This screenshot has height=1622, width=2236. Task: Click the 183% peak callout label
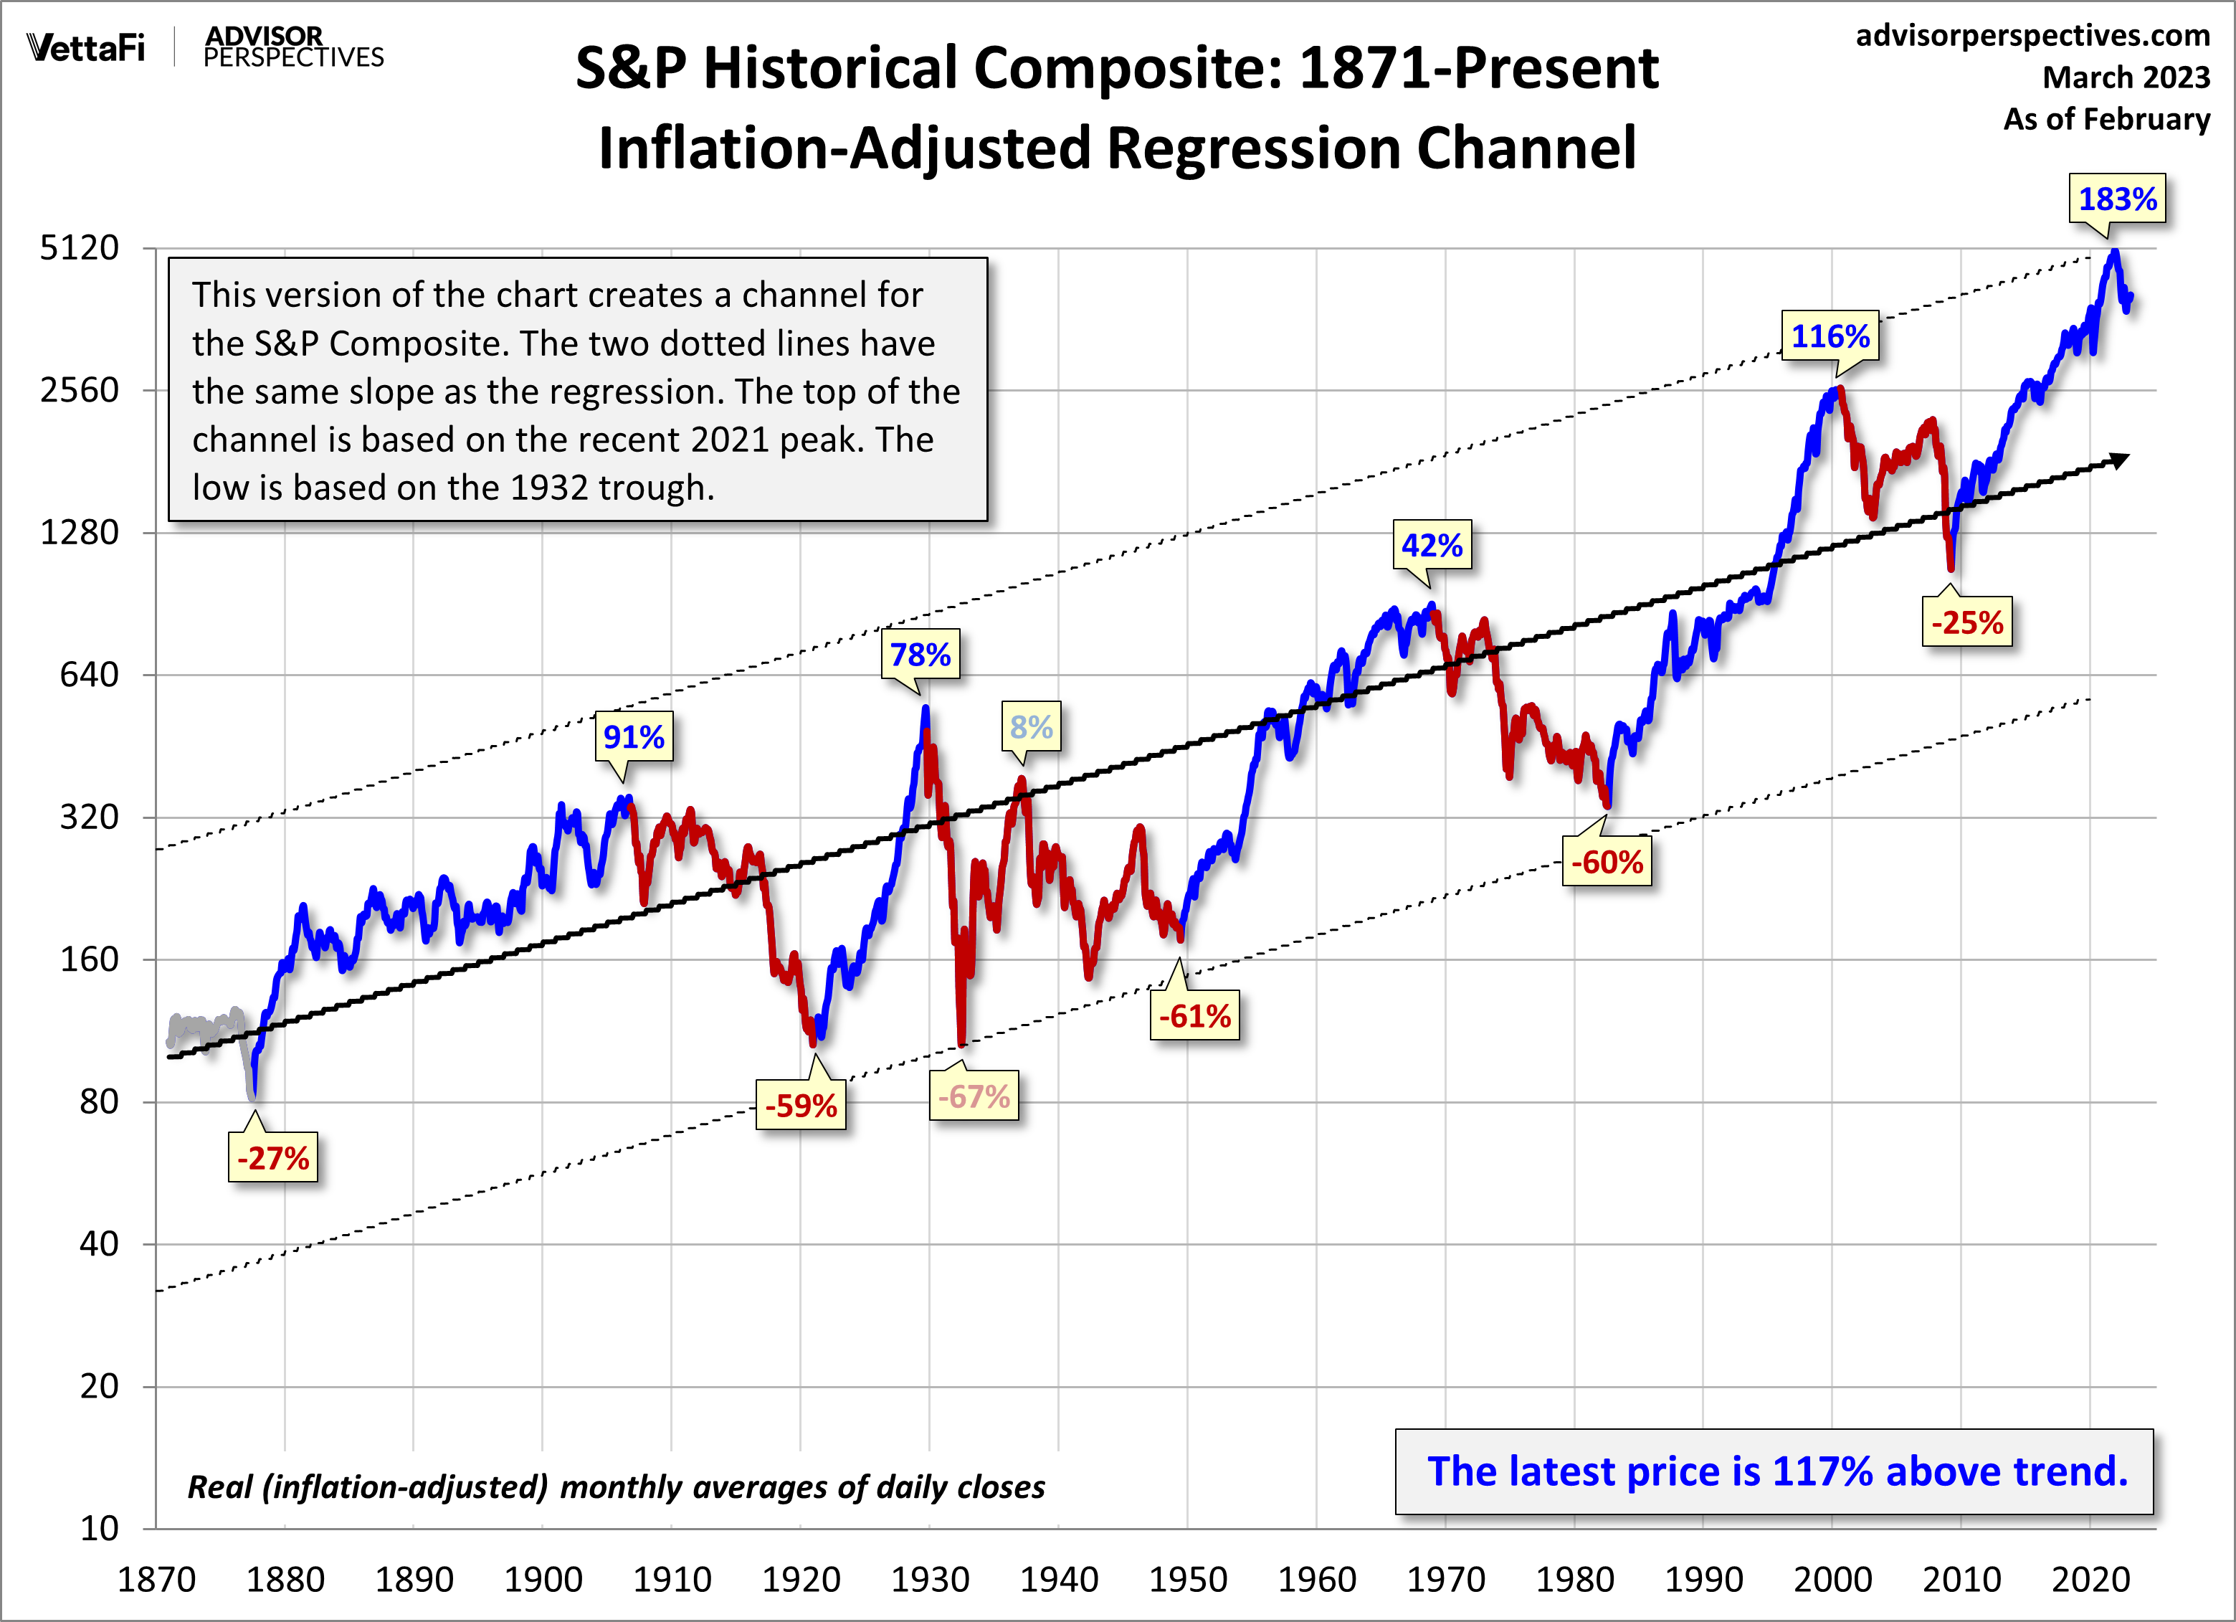[x=2117, y=199]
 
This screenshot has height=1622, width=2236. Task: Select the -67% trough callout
[x=973, y=1096]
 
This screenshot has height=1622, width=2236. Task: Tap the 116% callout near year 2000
[x=1830, y=336]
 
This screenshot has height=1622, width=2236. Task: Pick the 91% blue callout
[x=634, y=736]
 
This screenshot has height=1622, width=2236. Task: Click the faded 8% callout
[x=1031, y=728]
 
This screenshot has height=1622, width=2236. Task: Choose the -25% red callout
[x=1967, y=622]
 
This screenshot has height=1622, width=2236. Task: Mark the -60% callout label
[x=1607, y=862]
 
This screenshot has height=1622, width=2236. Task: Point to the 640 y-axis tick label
[x=89, y=675]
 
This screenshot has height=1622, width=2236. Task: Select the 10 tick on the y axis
[x=99, y=1528]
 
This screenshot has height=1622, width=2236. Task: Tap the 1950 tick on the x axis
[x=1188, y=1580]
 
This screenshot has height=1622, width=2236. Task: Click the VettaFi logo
[x=86, y=47]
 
